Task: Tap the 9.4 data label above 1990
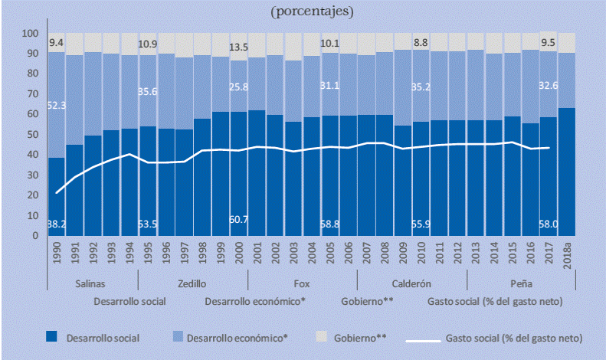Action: (x=56, y=43)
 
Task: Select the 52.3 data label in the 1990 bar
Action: (x=56, y=104)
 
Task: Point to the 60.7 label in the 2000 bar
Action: (x=239, y=221)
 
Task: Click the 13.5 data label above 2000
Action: (x=239, y=46)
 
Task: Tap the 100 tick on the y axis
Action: (x=31, y=34)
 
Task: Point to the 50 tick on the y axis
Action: (x=33, y=135)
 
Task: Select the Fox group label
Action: (x=303, y=283)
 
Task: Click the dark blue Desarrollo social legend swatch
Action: (x=51, y=337)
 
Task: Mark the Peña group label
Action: (x=522, y=283)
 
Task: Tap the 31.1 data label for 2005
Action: (x=330, y=106)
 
